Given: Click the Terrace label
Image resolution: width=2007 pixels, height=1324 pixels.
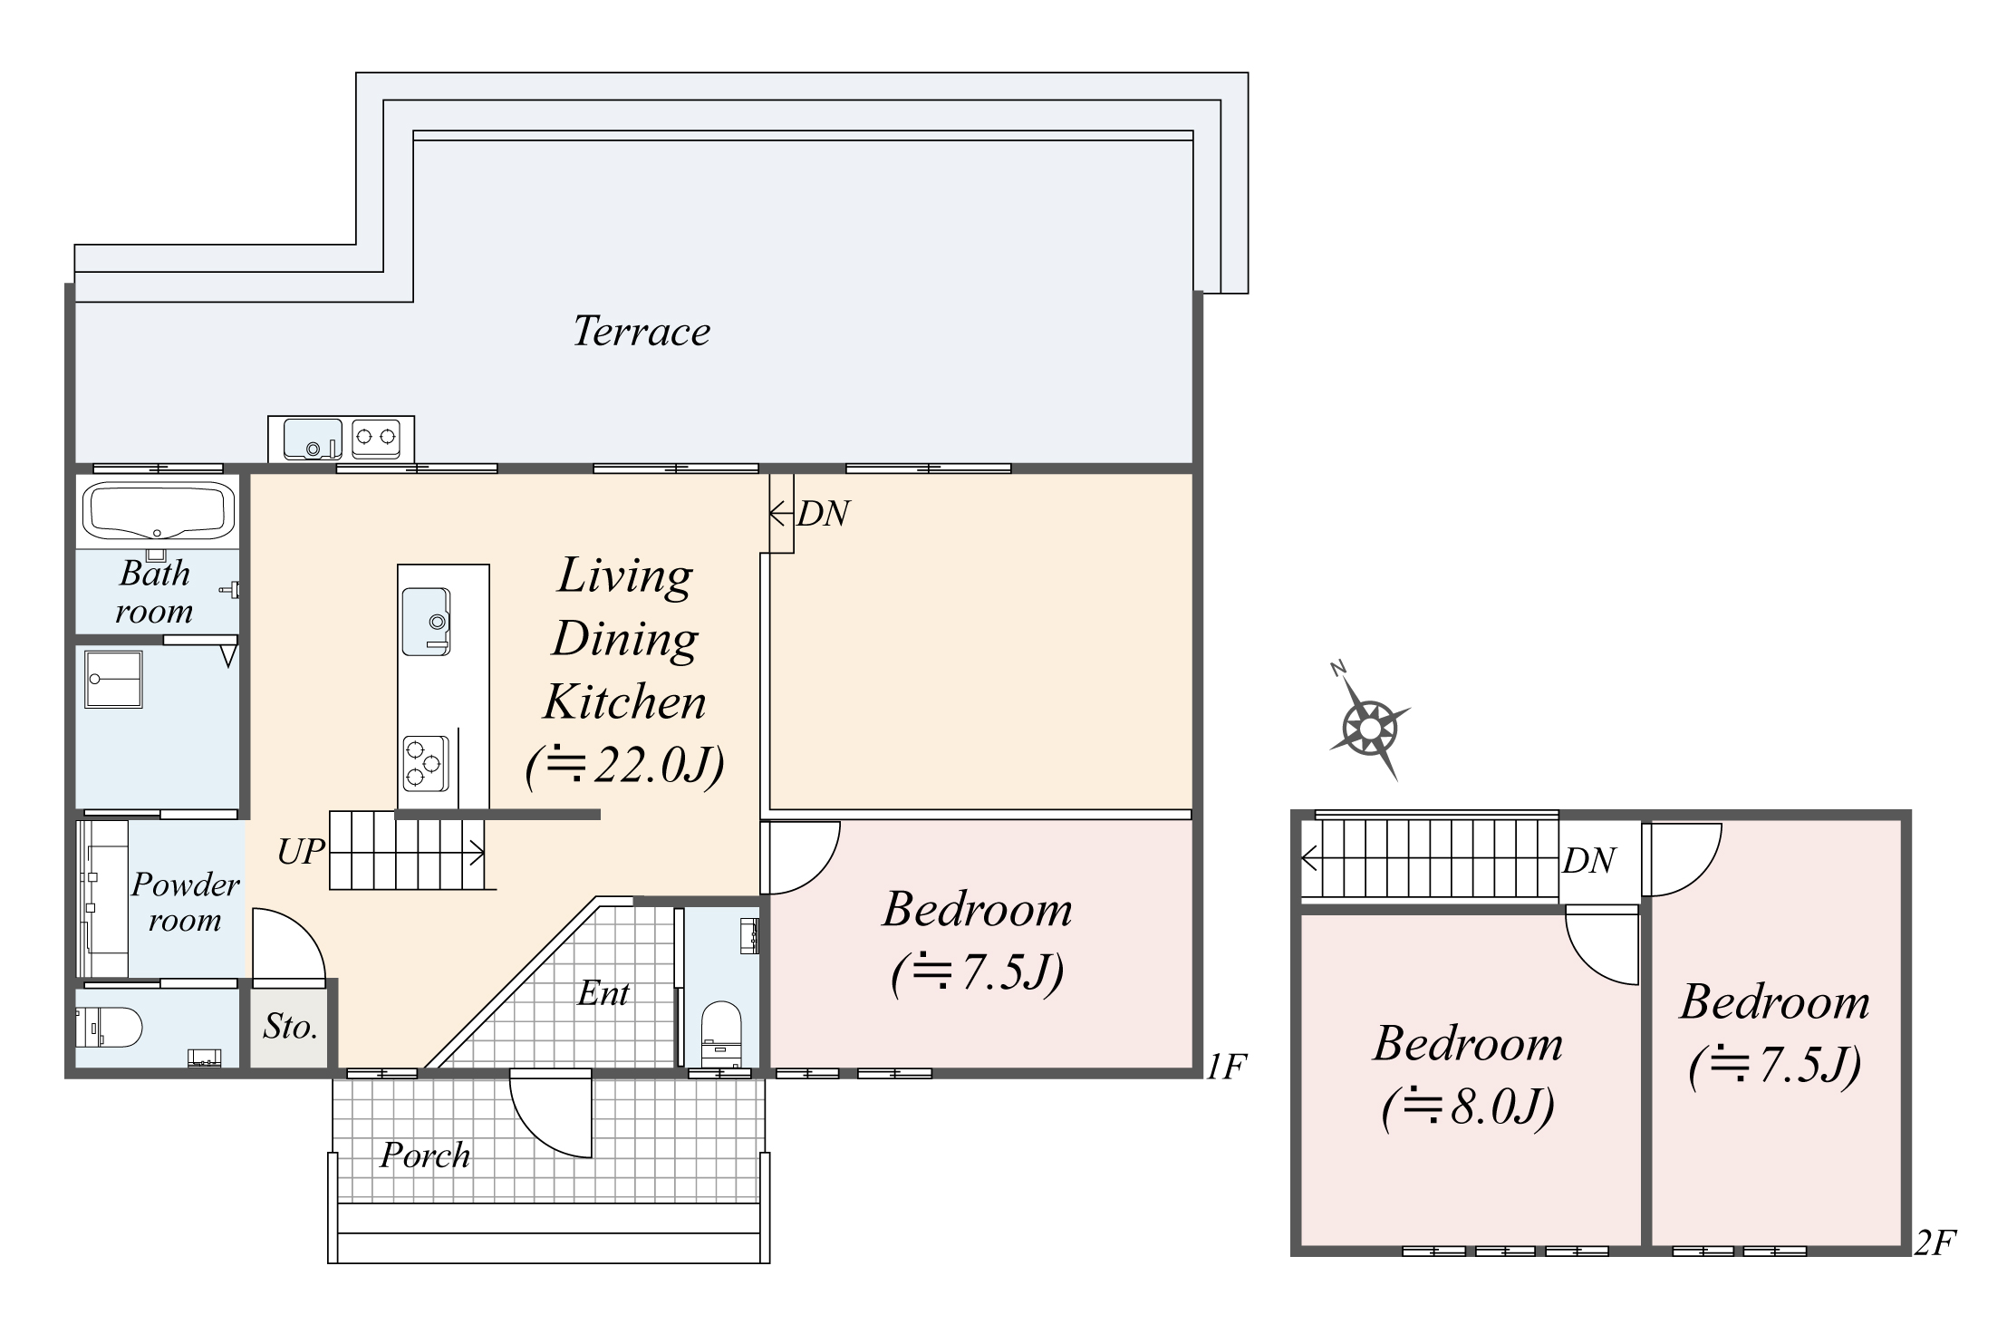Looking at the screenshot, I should (x=642, y=332).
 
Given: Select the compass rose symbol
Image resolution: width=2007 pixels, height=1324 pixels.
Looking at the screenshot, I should (x=1369, y=727).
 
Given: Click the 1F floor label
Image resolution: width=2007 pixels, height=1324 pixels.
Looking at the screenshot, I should (x=1226, y=1067).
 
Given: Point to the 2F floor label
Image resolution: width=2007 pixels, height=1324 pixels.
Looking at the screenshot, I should (x=1935, y=1242).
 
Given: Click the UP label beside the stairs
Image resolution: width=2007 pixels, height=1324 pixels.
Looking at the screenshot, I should (x=301, y=852).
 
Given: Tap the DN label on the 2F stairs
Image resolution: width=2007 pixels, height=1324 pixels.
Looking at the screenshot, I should (x=1588, y=861).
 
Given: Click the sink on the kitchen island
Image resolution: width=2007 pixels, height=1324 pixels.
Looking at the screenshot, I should (x=426, y=622).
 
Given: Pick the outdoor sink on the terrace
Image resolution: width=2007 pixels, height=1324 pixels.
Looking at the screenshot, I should (x=313, y=439).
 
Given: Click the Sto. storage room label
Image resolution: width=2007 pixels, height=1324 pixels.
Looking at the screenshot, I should (x=290, y=1027).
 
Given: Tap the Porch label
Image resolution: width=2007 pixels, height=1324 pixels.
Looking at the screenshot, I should (x=425, y=1155).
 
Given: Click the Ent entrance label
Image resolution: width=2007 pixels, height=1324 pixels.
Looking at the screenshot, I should (x=603, y=994).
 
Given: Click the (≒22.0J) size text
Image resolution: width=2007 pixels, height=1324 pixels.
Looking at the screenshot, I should (x=625, y=767).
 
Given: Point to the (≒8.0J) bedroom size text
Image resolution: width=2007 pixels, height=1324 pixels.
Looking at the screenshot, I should (x=1468, y=1107).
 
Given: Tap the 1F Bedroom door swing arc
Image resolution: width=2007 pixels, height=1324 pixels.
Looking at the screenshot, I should (x=801, y=857).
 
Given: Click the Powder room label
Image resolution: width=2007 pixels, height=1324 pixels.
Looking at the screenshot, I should (x=186, y=902).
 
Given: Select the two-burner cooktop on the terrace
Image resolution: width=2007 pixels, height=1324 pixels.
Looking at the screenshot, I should (x=375, y=438).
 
